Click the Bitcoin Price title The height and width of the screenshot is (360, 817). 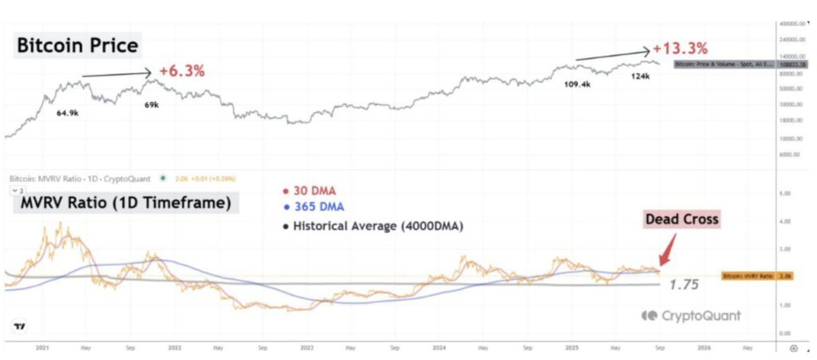pos(77,46)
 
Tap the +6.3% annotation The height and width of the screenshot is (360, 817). pos(182,70)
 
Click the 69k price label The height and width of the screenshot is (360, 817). pos(151,105)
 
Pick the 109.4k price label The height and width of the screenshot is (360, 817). pos(577,84)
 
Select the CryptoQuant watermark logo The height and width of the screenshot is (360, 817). pos(691,316)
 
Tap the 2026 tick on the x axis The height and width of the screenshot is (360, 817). pos(704,348)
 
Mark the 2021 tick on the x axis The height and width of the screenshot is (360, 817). pos(43,348)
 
